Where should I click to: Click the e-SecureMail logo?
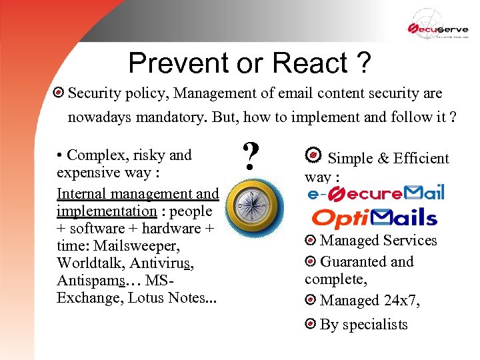[x=375, y=193]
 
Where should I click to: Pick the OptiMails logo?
[x=375, y=217]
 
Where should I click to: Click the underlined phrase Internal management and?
[x=137, y=194]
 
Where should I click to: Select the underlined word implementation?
[x=107, y=211]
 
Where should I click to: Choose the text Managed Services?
[x=378, y=241]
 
